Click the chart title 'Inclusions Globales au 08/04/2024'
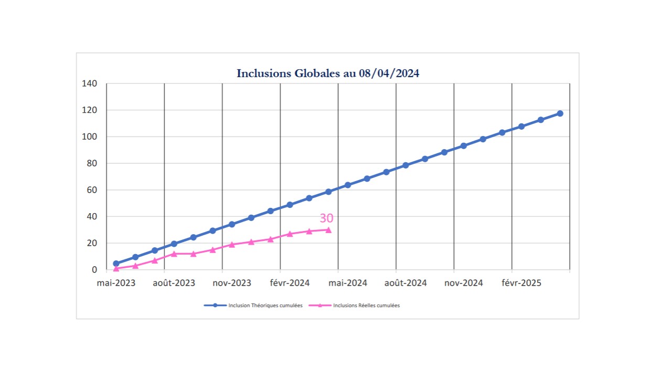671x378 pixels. click(328, 73)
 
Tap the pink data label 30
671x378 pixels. click(326, 219)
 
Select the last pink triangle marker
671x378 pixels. click(328, 229)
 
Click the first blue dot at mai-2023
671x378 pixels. click(116, 264)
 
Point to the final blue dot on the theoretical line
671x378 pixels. click(560, 113)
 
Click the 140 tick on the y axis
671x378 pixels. click(90, 83)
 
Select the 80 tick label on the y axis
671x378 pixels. click(92, 163)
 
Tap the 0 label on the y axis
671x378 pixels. click(94, 270)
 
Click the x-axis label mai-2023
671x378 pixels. click(116, 283)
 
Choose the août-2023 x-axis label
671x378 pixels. click(174, 283)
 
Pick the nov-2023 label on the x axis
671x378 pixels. click(232, 283)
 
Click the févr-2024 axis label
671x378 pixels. click(289, 283)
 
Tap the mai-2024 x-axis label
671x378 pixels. click(348, 283)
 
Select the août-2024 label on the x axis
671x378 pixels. click(405, 283)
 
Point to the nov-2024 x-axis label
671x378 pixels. click(463, 283)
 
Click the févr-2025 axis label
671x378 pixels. click(521, 283)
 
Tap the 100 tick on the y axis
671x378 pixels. click(90, 136)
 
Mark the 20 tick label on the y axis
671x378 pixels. click(92, 243)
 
